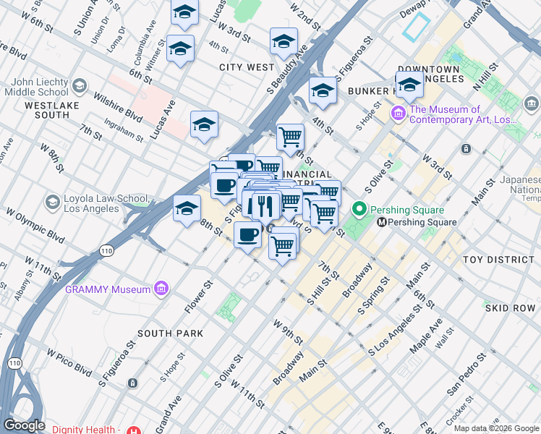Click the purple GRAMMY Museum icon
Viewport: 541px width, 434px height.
pos(161,289)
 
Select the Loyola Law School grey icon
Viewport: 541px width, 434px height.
pos(52,201)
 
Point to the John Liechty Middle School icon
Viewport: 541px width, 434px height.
pos(79,86)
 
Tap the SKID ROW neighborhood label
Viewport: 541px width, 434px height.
pos(510,308)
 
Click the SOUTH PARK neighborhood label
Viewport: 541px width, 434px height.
pos(170,333)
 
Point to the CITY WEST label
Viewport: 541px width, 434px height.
pos(247,67)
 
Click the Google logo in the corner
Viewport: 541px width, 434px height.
pos(24,425)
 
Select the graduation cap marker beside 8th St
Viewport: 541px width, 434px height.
pos(187,208)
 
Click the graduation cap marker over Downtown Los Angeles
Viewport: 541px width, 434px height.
pos(409,85)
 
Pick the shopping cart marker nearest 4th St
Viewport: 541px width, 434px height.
pos(290,135)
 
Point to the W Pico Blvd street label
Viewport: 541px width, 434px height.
pos(70,362)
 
